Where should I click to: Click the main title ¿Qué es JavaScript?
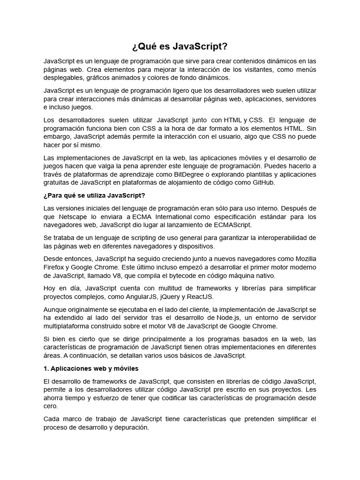click(x=180, y=47)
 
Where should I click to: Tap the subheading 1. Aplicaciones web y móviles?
click(x=91, y=368)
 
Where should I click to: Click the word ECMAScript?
click(x=230, y=225)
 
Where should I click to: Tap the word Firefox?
click(x=54, y=267)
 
